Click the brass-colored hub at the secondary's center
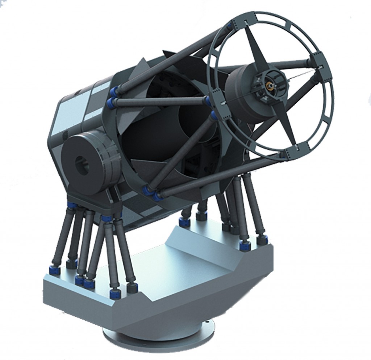point(269,86)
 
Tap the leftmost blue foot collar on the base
point(55,270)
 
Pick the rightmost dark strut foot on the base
point(262,239)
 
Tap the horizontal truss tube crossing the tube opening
point(159,102)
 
